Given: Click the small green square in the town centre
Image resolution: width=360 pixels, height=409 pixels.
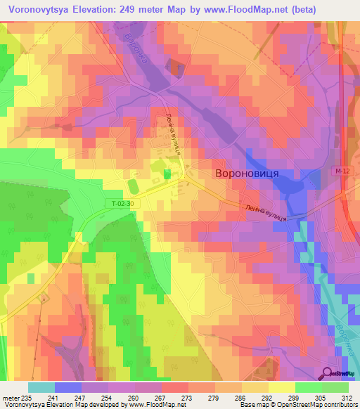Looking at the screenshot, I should pyautogui.click(x=167, y=174).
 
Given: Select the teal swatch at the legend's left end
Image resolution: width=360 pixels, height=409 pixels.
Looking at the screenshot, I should pyautogui.click(x=41, y=387).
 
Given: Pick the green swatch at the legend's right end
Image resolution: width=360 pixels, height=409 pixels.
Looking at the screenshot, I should pyautogui.click(x=335, y=387).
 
